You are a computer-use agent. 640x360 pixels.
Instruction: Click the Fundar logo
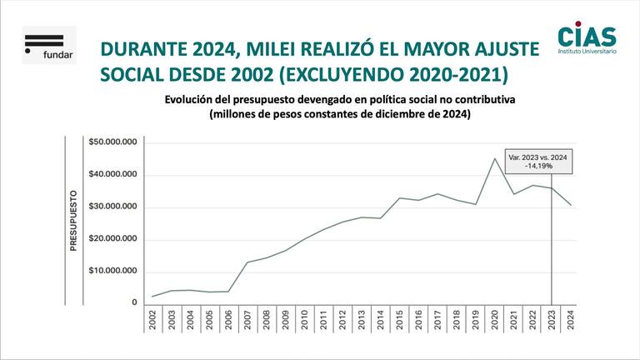coord(49,45)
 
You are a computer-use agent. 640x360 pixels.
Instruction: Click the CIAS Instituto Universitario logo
coord(587,39)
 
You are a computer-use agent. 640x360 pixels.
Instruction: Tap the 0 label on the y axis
coord(133,302)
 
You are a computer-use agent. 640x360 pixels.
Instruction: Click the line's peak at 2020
coord(495,158)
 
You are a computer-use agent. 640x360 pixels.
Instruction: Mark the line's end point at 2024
coord(570,205)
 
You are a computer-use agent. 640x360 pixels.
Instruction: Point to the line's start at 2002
coord(152,297)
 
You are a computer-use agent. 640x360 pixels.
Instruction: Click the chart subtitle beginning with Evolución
coord(340,99)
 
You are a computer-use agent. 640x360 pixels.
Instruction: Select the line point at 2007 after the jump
coord(247,262)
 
